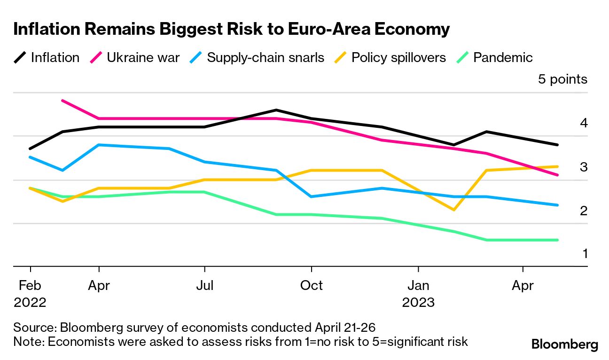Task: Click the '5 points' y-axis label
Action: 562,79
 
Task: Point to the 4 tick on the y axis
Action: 584,124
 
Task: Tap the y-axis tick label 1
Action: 585,254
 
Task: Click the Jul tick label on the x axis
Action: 205,285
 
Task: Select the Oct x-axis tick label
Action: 311,285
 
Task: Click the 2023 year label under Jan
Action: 418,302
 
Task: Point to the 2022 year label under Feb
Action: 30,302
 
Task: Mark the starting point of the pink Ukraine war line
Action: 63,101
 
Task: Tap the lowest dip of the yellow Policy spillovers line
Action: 453,210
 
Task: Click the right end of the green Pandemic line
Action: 557,240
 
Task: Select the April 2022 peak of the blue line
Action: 99,145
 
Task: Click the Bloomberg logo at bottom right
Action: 564,344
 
